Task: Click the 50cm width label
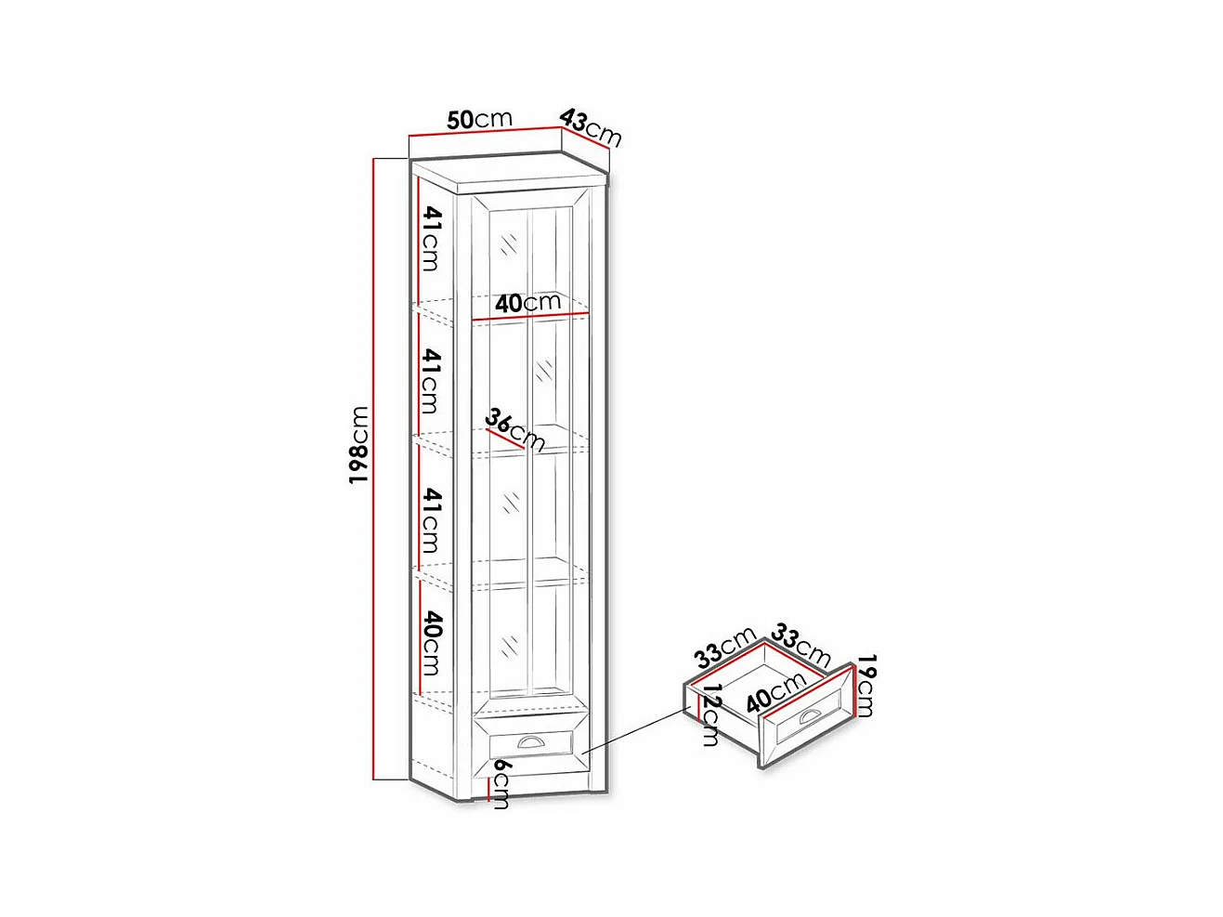point(479,119)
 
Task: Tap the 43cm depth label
point(591,128)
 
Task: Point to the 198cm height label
point(359,444)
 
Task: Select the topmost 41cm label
point(431,238)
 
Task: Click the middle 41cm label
point(431,381)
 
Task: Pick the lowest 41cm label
point(431,520)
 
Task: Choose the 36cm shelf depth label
point(514,429)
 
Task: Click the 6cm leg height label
point(501,783)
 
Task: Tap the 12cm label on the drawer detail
point(711,714)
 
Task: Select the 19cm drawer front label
point(865,686)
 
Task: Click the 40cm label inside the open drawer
point(775,691)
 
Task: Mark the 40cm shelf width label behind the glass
point(527,303)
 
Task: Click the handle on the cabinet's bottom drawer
point(531,741)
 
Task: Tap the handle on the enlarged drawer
point(809,715)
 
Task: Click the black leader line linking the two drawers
point(637,730)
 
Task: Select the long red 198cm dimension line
point(374,465)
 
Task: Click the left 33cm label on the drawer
point(725,647)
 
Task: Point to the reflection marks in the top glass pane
point(509,244)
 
